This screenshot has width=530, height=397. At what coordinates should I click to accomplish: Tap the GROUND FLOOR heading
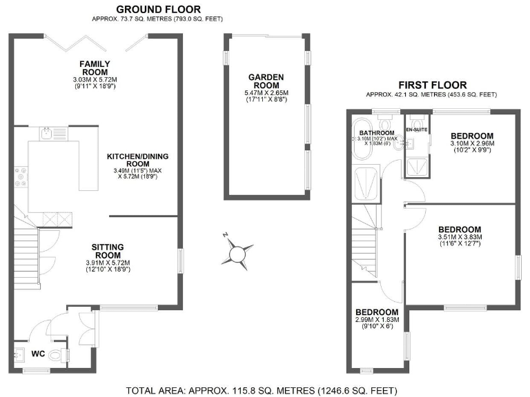158,9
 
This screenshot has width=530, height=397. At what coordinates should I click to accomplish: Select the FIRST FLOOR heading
432,85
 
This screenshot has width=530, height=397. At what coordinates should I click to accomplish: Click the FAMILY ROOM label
95,68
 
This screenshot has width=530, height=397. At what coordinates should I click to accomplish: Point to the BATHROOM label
376,133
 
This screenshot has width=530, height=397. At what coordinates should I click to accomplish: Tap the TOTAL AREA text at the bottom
264,389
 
